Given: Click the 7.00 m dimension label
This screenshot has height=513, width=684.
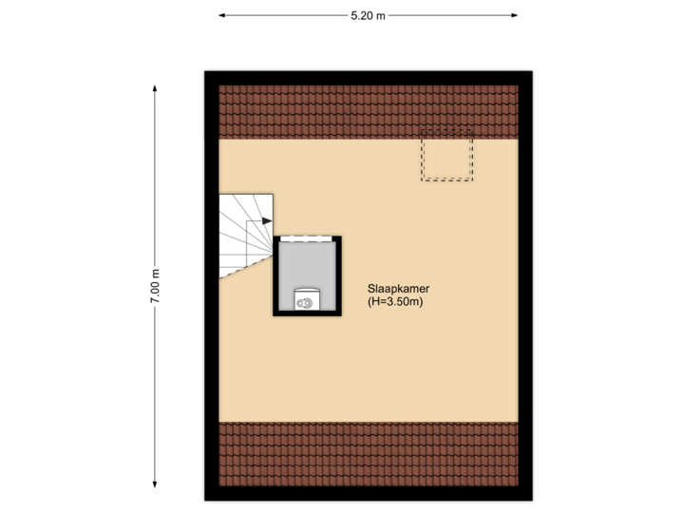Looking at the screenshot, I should [155, 286].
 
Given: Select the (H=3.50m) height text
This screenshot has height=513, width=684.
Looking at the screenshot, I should [394, 302].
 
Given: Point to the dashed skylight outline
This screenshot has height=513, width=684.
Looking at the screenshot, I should [446, 156].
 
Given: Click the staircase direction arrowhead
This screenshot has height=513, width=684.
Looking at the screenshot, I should [267, 220].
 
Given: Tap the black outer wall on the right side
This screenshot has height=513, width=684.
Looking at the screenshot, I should [527, 285].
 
